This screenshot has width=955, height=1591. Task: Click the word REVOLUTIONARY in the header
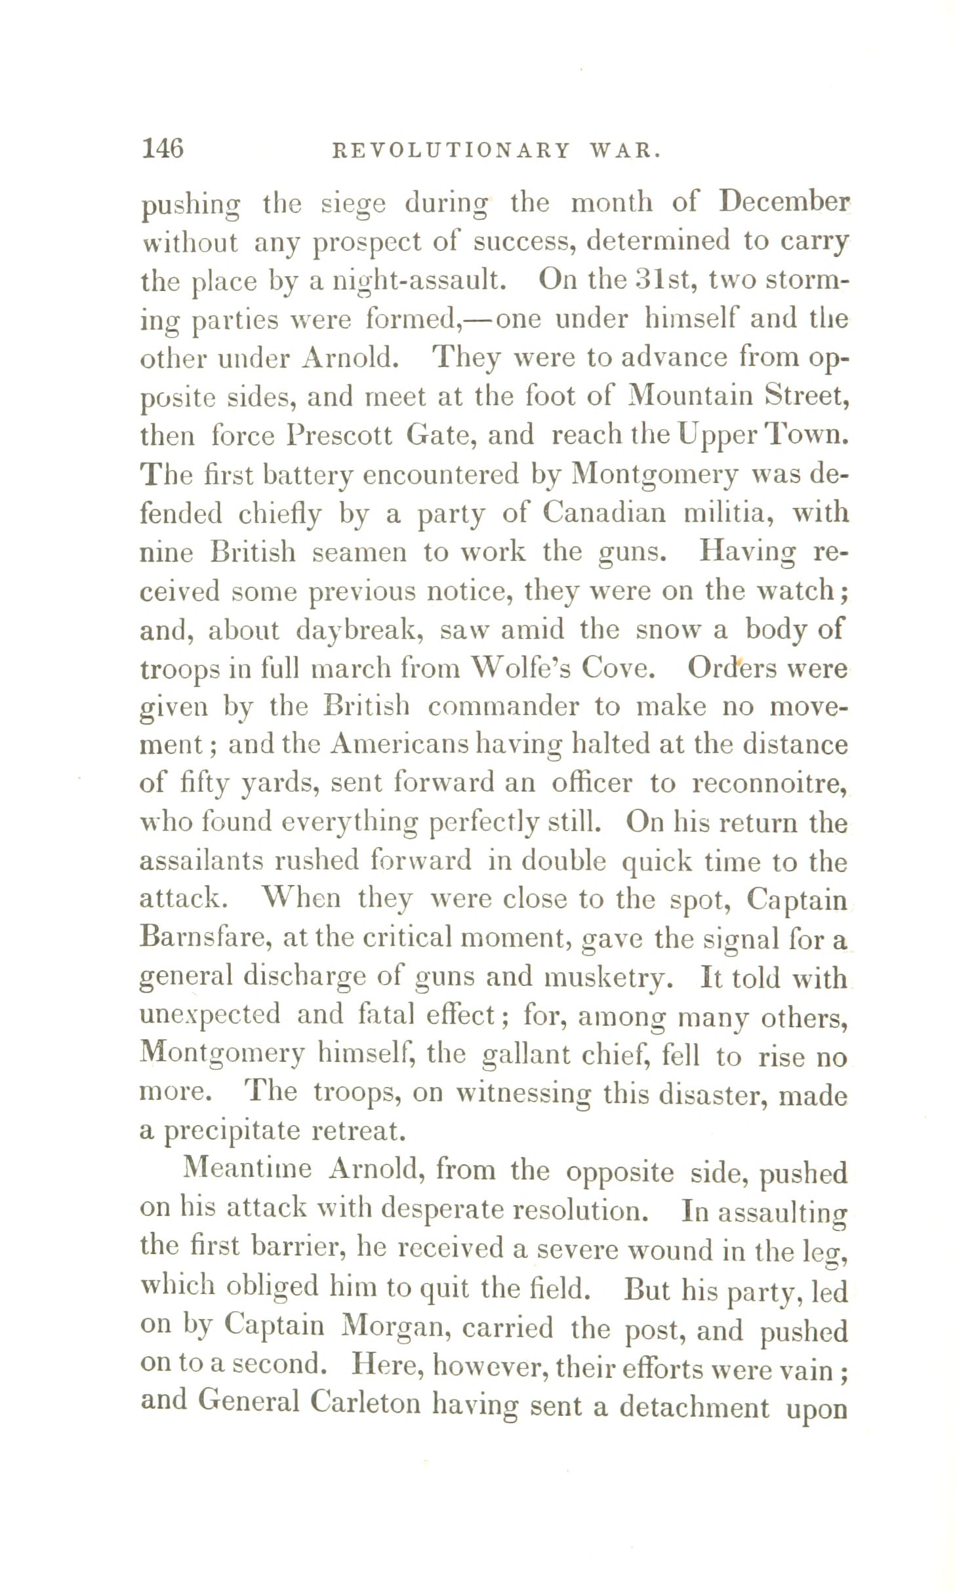(x=452, y=151)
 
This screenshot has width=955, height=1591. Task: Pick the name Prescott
(x=339, y=435)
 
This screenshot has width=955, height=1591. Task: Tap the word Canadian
(x=604, y=513)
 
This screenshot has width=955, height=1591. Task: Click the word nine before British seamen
(x=167, y=553)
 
